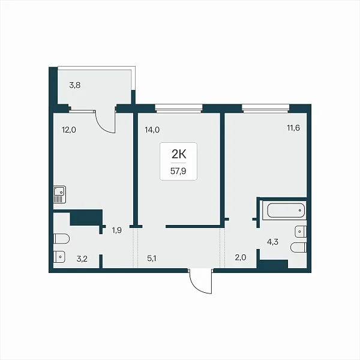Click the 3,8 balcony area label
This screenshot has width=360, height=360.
[75, 85]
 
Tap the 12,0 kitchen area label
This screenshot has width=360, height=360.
[69, 130]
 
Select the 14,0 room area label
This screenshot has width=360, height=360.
[152, 130]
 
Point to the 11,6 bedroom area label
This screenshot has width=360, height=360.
[293, 128]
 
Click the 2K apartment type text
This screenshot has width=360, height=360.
[179, 155]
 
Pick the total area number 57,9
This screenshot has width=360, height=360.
[178, 171]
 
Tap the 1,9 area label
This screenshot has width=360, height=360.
[116, 230]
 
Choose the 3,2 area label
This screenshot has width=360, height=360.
[82, 259]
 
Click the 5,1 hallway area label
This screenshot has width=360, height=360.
[152, 259]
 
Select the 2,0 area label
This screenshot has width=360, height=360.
[241, 257]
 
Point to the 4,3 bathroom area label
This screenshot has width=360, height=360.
[273, 242]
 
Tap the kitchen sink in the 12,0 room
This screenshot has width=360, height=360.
[59, 194]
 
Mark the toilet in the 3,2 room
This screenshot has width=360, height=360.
[61, 239]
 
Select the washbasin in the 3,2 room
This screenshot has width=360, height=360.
[59, 257]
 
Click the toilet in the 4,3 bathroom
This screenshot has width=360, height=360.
[298, 247]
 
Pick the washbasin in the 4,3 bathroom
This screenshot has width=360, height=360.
[301, 232]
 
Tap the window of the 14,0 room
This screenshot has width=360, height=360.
[179, 109]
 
